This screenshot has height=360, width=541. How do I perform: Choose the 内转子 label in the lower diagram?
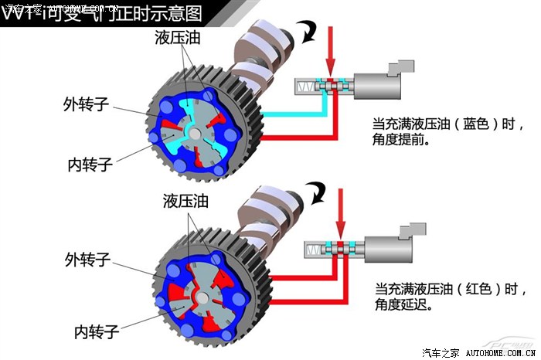[96, 332]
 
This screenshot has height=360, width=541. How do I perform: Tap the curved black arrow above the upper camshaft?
[310, 31]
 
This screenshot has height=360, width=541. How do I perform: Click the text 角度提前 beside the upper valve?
[400, 142]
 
